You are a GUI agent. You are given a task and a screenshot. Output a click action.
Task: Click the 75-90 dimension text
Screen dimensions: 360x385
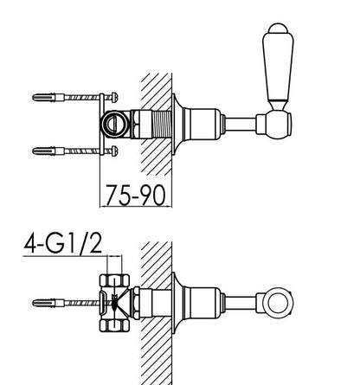click(136, 195)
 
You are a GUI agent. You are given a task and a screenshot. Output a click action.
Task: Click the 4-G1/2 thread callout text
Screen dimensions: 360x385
click(63, 244)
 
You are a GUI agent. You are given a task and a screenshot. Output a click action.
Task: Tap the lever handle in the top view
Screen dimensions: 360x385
click(278, 67)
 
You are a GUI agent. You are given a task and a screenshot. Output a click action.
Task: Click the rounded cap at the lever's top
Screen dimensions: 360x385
click(278, 29)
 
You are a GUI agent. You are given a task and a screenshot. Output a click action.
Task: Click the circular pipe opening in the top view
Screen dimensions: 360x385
click(115, 124)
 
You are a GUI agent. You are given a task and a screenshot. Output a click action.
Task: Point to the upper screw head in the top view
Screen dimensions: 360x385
click(114, 97)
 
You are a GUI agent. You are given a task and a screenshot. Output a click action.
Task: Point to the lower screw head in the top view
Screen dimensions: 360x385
click(114, 151)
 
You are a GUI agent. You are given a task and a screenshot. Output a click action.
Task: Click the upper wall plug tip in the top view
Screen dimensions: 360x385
click(34, 98)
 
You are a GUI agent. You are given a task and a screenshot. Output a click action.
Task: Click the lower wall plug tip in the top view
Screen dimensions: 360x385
click(34, 151)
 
